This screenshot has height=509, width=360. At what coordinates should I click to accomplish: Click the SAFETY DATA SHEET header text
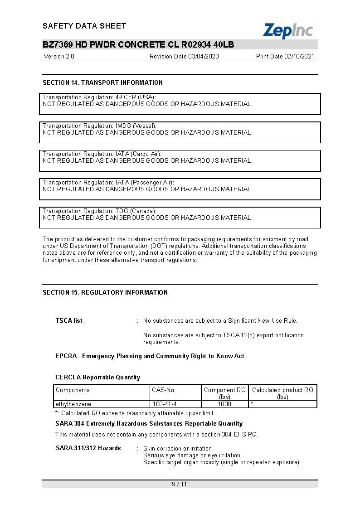pyautogui.click(x=84, y=26)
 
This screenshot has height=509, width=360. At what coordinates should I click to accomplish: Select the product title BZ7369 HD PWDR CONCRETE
pyautogui.click(x=138, y=44)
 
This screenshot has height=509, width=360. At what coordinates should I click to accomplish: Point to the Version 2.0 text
pyautogui.click(x=59, y=57)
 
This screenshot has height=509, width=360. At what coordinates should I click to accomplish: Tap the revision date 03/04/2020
pyautogui.click(x=184, y=57)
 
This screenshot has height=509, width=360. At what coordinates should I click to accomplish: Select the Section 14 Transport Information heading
pyautogui.click(x=102, y=82)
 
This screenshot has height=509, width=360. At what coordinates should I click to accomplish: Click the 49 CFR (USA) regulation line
pyautogui.click(x=99, y=97)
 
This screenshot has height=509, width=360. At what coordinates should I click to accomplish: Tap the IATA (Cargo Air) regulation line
pyautogui.click(x=102, y=154)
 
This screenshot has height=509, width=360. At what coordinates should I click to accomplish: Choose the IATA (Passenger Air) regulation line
pyautogui.click(x=108, y=182)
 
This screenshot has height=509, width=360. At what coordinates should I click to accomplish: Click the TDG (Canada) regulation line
pyautogui.click(x=99, y=211)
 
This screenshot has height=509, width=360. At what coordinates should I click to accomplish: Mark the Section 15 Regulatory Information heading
pyautogui.click(x=105, y=292)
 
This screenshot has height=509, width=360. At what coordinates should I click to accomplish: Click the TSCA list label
pyautogui.click(x=69, y=320)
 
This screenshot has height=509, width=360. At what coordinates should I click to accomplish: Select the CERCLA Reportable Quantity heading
pyautogui.click(x=98, y=377)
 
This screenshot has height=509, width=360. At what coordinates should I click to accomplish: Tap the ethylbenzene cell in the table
pyautogui.click(x=73, y=404)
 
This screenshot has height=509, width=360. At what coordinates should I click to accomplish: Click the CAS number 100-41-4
pyautogui.click(x=165, y=404)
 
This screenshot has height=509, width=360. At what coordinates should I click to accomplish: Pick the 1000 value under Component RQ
pyautogui.click(x=224, y=404)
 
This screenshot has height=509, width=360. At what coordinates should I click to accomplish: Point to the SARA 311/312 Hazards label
pyautogui.click(x=88, y=448)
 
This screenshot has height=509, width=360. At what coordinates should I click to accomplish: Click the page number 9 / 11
pyautogui.click(x=180, y=484)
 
